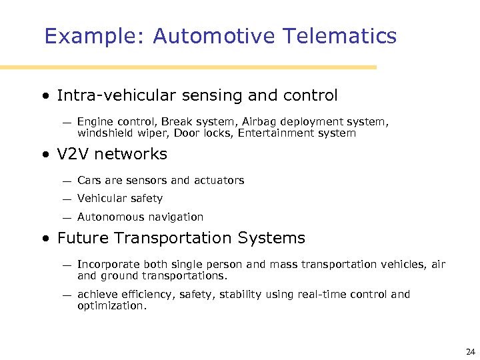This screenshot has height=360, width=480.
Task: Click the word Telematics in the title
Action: coord(339,36)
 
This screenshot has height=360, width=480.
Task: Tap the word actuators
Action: coord(219,180)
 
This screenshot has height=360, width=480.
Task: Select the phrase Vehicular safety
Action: coord(120,198)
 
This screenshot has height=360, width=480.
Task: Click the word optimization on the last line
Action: coord(111,306)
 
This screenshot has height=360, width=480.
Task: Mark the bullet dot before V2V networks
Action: coord(45,155)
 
